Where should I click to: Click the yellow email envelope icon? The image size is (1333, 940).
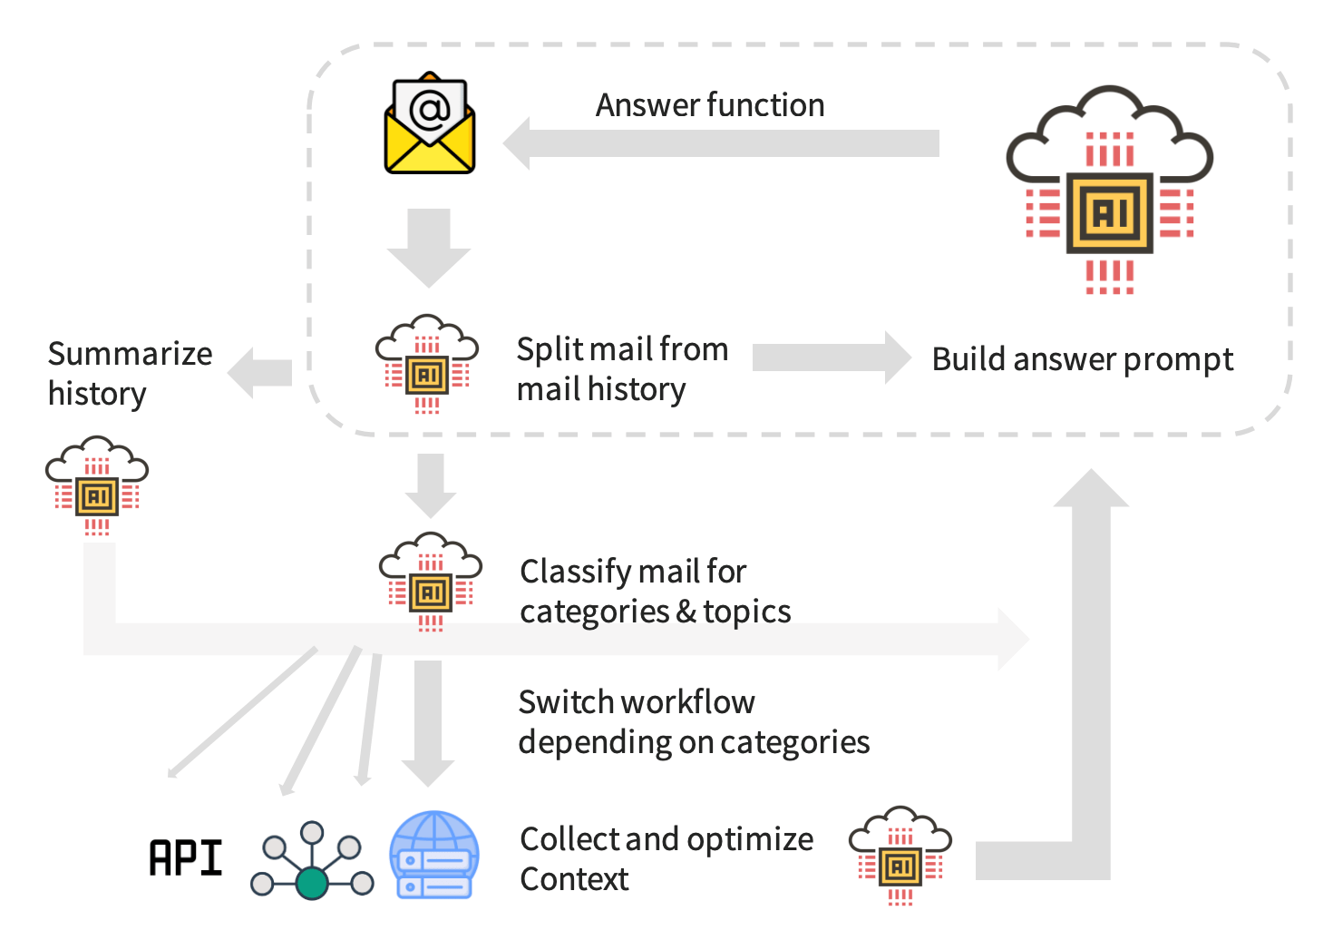point(430,127)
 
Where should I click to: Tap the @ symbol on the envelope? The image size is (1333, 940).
point(430,110)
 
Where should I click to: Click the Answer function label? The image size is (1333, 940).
point(709,105)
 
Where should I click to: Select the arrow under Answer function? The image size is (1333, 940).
point(721,143)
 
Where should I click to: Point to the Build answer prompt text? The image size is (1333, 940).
point(1082,359)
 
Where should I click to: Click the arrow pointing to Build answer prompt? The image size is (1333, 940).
point(831,357)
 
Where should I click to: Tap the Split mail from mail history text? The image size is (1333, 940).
point(622,368)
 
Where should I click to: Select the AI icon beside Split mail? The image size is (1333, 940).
point(427,364)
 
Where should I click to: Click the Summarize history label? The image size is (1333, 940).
point(130,373)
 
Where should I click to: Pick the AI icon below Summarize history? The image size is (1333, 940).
point(97,485)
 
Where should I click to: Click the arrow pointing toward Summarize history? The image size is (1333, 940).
point(260,372)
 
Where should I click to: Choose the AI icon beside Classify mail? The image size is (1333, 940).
point(431,582)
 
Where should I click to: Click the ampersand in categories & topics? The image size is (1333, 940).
point(686,612)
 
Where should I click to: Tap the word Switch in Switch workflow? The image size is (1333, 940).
point(559,702)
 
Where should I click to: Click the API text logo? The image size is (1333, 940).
point(186,858)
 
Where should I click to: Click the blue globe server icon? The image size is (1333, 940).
point(434,855)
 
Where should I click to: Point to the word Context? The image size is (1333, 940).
point(574,879)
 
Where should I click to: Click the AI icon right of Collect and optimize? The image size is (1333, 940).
point(900,855)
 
